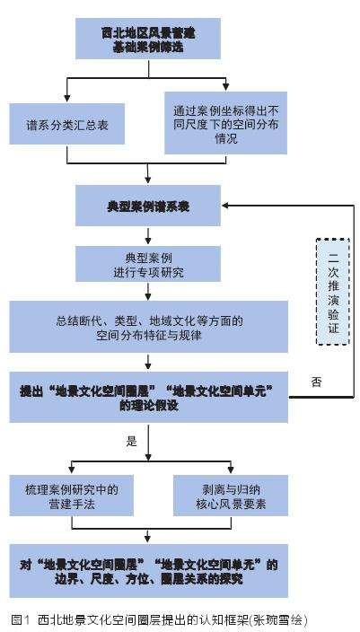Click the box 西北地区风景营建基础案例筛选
[x=148, y=38]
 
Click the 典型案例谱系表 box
[x=148, y=206]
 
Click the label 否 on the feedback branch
[x=316, y=381]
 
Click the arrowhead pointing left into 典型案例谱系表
[x=228, y=206]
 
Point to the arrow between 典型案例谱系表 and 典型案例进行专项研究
[x=148, y=235]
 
